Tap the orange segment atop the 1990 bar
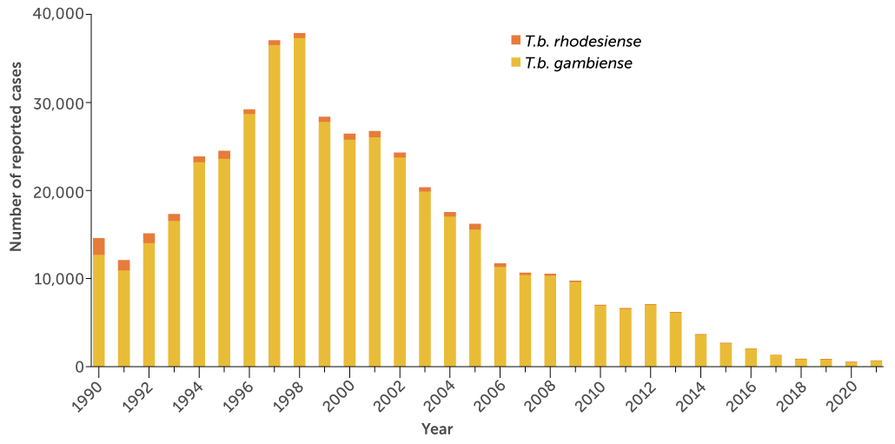pyautogui.click(x=99, y=246)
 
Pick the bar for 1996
pyautogui.click(x=249, y=239)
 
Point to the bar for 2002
pyautogui.click(x=400, y=261)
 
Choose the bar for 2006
pyautogui.click(x=500, y=316)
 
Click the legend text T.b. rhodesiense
pyautogui.click(x=582, y=41)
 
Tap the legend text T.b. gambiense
pyautogui.click(x=578, y=63)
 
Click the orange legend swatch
pyautogui.click(x=515, y=40)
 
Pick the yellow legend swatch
pyautogui.click(x=515, y=63)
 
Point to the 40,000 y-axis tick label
pyautogui.click(x=59, y=15)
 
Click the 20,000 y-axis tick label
pyautogui.click(x=59, y=191)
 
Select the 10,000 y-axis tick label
pyautogui.click(x=59, y=279)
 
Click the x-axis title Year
pyautogui.click(x=437, y=429)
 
